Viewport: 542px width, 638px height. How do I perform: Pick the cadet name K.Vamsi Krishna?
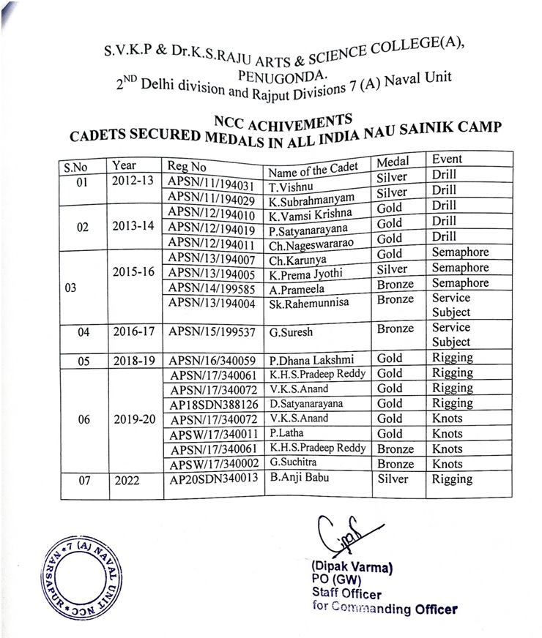click(311, 214)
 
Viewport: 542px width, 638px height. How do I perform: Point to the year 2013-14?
click(133, 226)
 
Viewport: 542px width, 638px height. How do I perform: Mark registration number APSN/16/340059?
click(212, 360)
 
